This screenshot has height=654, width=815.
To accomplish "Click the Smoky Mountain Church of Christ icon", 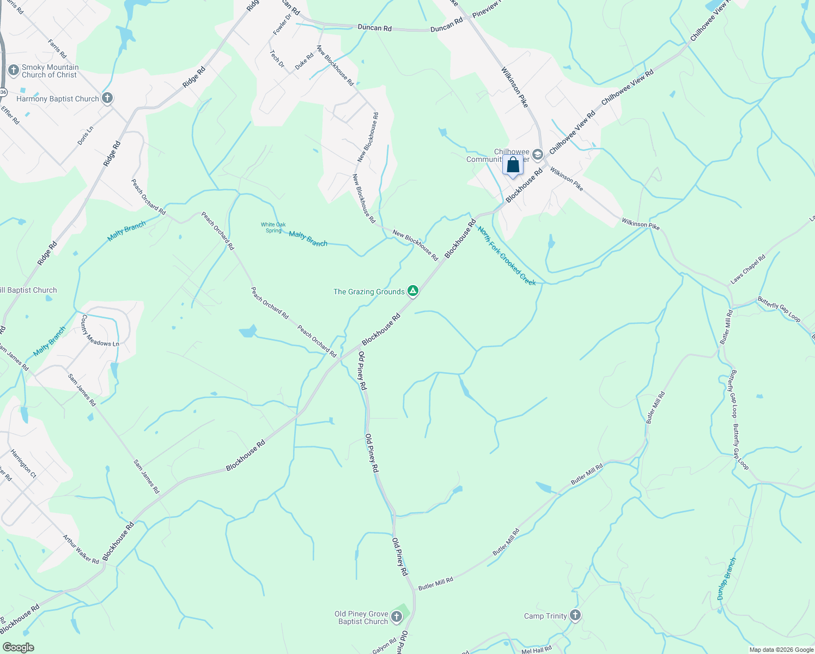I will click(x=14, y=70).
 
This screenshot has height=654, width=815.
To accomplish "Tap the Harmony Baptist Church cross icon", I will click(x=107, y=98).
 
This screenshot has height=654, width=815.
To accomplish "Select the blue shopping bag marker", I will click(x=513, y=165).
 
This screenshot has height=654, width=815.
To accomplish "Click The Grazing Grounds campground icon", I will click(x=413, y=291).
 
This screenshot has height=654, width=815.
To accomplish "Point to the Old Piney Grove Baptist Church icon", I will click(x=397, y=617).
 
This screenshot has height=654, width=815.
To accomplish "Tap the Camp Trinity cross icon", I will click(x=575, y=615).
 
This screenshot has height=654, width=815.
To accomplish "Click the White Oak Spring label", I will click(x=273, y=227).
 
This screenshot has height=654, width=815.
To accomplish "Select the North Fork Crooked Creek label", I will click(x=507, y=256).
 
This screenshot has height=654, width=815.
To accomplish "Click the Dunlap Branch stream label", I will click(x=727, y=579).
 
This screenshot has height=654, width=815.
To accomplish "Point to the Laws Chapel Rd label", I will click(x=748, y=269).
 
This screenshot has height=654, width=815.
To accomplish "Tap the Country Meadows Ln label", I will click(x=100, y=331).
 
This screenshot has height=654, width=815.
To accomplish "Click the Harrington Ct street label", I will click(x=23, y=464).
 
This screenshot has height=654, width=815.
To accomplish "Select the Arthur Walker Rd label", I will click(x=81, y=549).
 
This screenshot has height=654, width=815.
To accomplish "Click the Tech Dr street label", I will click(x=277, y=59).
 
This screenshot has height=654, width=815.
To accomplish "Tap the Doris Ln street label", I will click(x=85, y=135).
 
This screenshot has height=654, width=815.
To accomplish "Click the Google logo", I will click(x=18, y=647).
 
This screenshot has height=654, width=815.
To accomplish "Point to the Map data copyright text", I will click(x=781, y=650).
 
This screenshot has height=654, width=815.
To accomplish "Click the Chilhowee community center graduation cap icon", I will click(x=538, y=155).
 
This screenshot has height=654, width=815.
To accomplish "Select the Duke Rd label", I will click(x=305, y=60).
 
